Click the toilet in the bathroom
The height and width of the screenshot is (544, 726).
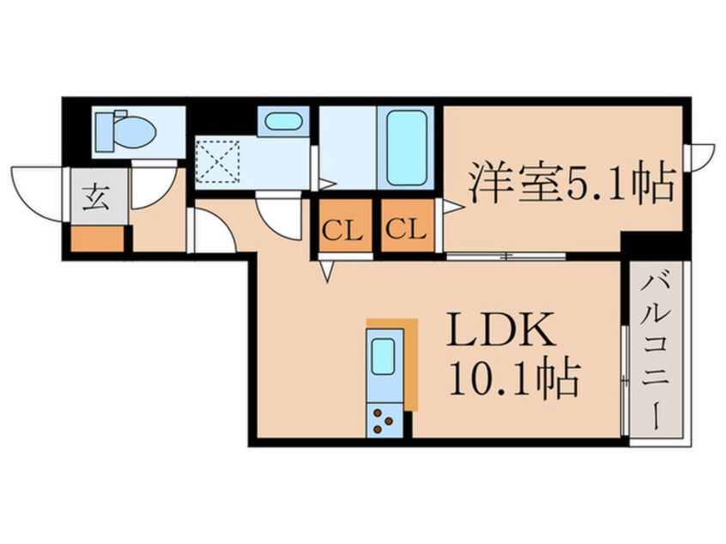pos(125,130)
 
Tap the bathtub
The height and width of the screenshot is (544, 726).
pos(406,147)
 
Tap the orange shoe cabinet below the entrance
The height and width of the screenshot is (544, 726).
pos(97,239)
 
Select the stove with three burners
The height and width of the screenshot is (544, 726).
pos(383,420)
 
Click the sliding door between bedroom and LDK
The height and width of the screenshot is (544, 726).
pos(506,256)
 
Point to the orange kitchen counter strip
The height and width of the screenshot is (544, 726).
pos(408,360)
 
